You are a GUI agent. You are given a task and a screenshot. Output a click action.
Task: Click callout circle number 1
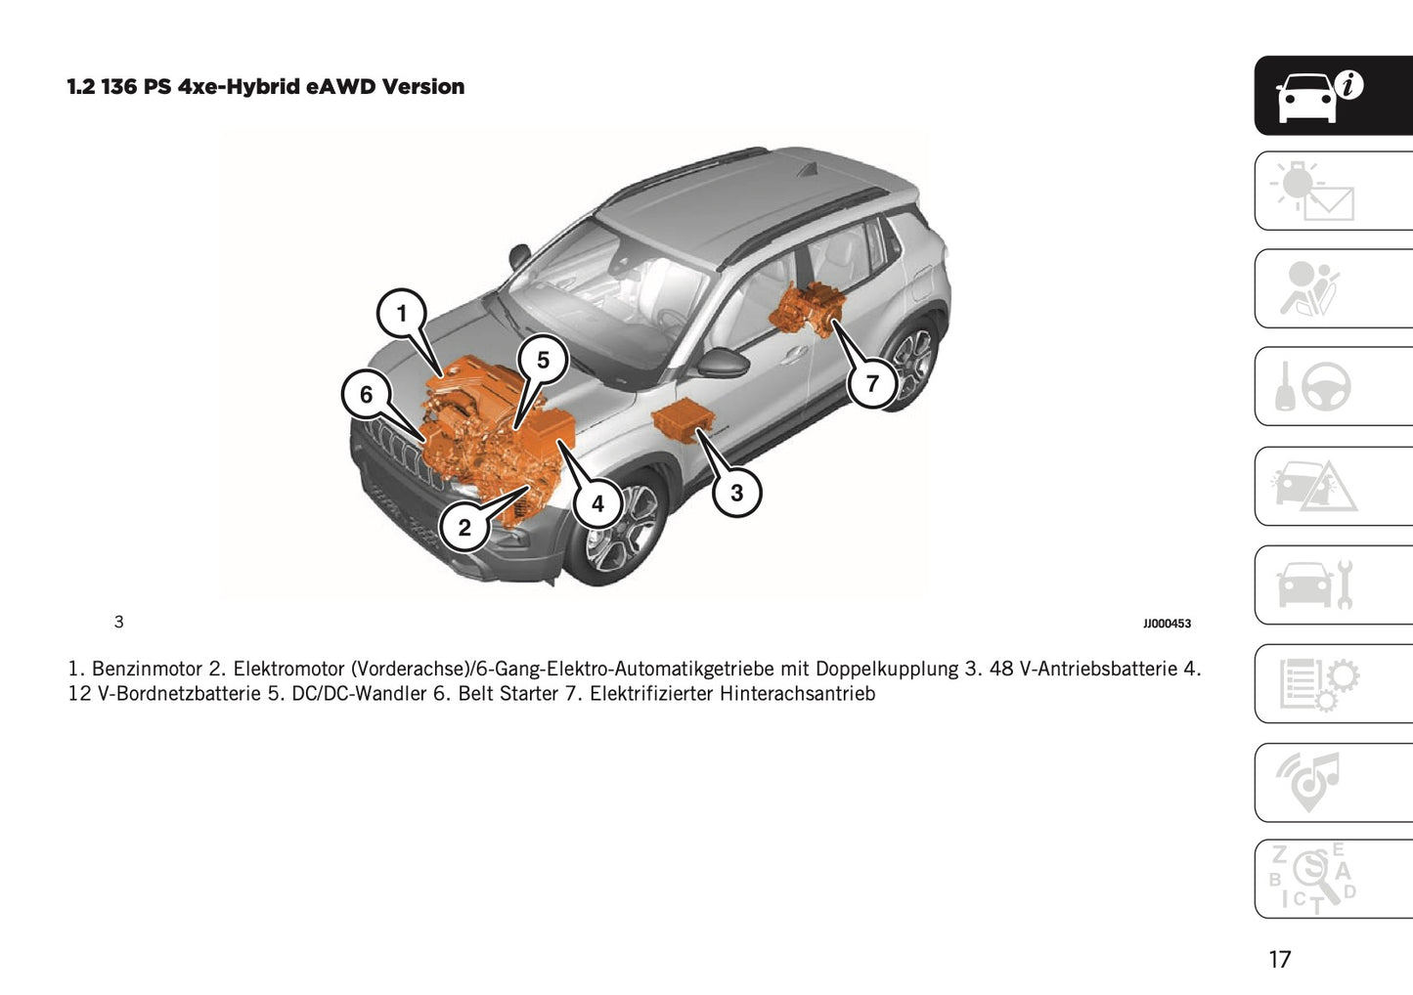(x=401, y=314)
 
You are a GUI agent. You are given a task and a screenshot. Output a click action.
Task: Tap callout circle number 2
(x=464, y=528)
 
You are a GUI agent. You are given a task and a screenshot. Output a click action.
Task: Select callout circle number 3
(x=736, y=493)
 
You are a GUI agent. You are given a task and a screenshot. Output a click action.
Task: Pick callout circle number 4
(x=597, y=504)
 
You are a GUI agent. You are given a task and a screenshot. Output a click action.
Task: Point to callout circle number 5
(x=543, y=361)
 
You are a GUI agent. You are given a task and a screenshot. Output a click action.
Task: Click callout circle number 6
(x=366, y=394)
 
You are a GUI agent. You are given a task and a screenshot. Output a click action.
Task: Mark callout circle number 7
(x=872, y=383)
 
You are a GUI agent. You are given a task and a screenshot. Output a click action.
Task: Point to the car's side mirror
(x=722, y=363)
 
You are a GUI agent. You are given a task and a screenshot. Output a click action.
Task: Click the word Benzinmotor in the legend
(x=147, y=670)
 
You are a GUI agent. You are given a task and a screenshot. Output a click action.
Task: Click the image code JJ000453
(x=1167, y=624)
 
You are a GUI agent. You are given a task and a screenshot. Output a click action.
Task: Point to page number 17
(x=1279, y=959)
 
